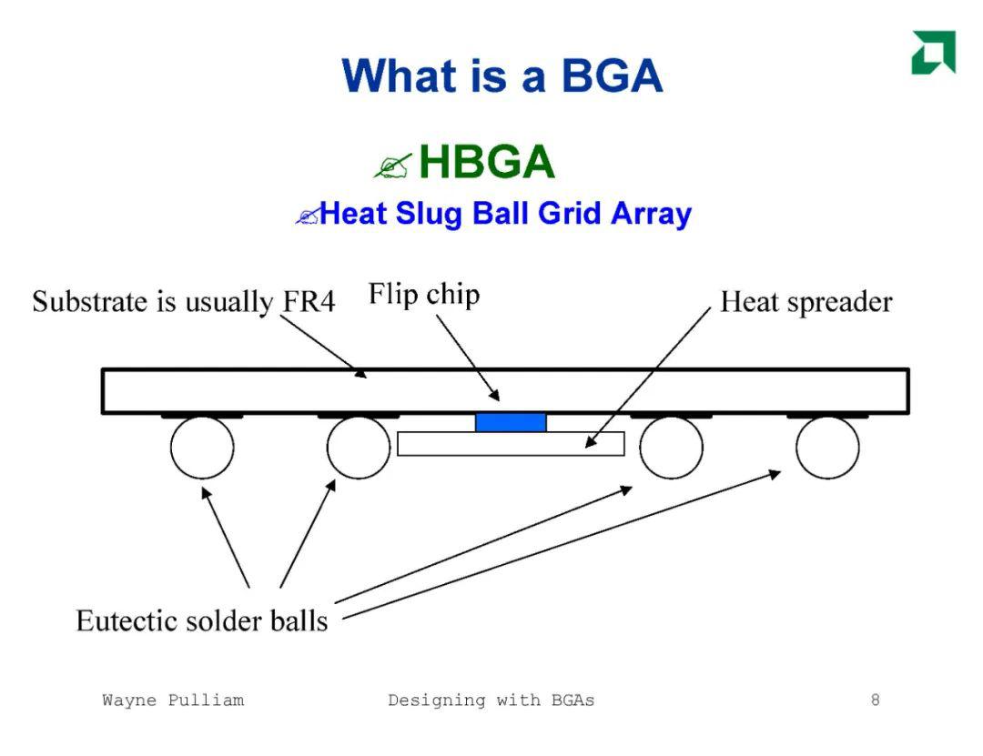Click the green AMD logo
coord(934,52)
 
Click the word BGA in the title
coord(612,76)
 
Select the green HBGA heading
coord(486,162)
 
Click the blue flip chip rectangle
coord(511,422)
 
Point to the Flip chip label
coord(424,294)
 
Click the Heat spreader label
coord(806,302)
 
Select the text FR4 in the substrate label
coord(309,301)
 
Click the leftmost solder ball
coord(202,448)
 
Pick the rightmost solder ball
coord(827,448)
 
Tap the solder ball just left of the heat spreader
coord(359,448)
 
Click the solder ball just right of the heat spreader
coord(671,448)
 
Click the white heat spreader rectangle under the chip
coord(511,444)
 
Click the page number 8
coord(876,700)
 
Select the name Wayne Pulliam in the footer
coord(173,701)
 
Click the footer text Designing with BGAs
coord(491,701)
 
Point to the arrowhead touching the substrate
coord(360,372)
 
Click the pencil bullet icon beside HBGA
coord(393,166)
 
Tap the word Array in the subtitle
coord(651,215)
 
